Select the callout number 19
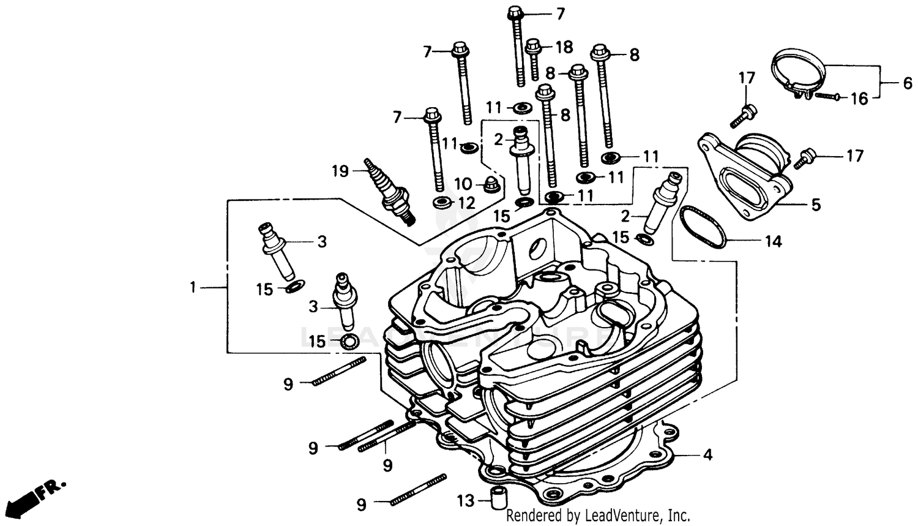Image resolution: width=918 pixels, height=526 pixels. point(340,171)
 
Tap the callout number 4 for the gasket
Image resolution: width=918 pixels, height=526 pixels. point(707,455)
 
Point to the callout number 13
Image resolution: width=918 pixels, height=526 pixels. point(466,502)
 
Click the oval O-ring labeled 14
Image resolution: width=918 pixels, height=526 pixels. point(703,226)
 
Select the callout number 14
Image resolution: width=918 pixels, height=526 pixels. point(773,242)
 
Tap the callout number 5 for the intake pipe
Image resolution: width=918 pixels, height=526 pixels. point(816,205)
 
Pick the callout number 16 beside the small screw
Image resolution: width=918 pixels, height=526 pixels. point(859,98)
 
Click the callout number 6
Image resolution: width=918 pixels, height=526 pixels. point(907,83)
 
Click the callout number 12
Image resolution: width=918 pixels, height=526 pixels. point(466,202)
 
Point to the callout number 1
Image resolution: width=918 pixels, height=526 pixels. point(193,286)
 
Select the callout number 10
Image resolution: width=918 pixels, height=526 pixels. point(463,184)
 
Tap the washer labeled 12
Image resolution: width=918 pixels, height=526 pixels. point(441,202)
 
